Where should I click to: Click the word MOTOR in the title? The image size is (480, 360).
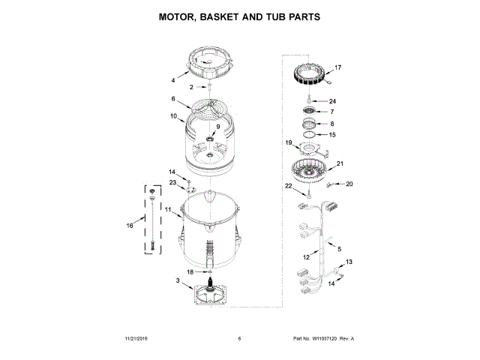pyautogui.click(x=181, y=16)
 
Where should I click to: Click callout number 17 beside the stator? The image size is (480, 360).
pyautogui.click(x=337, y=67)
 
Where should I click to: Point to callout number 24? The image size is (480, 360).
pyautogui.click(x=333, y=101)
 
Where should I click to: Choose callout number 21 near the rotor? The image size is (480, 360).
pyautogui.click(x=340, y=163)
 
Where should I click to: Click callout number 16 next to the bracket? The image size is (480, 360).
pyautogui.click(x=130, y=224)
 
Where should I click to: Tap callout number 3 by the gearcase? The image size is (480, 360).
pyautogui.click(x=178, y=281)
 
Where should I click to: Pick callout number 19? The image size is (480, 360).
pyautogui.click(x=287, y=142)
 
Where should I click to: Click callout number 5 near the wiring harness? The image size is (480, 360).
pyautogui.click(x=338, y=249)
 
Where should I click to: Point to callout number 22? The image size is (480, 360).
pyautogui.click(x=287, y=185)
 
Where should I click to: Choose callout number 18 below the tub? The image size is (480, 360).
pyautogui.click(x=190, y=271)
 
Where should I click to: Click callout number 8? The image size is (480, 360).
pyautogui.click(x=333, y=124)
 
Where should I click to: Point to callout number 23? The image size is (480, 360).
pyautogui.click(x=172, y=182)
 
